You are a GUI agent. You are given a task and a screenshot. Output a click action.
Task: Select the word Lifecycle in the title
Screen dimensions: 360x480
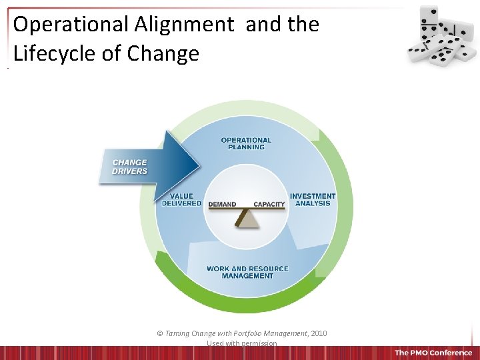click(x=51, y=54)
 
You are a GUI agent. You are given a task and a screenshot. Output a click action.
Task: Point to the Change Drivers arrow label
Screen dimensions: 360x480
click(x=130, y=167)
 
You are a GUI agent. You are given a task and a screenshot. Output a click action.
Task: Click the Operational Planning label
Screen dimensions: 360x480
click(x=246, y=143)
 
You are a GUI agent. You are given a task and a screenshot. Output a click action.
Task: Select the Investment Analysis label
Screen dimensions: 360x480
click(x=313, y=199)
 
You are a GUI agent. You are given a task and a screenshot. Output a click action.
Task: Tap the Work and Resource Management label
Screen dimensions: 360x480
click(x=247, y=272)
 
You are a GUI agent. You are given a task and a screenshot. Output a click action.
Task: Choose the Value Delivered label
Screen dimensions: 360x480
click(x=181, y=199)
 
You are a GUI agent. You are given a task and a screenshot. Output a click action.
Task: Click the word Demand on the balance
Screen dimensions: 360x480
click(x=222, y=204)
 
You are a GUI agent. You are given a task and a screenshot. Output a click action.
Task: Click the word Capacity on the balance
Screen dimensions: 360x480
click(x=269, y=204)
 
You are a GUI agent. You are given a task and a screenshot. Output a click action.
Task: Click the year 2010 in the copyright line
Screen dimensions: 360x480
click(x=318, y=333)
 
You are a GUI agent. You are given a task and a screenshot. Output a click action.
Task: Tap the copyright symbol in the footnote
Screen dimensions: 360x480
click(x=159, y=333)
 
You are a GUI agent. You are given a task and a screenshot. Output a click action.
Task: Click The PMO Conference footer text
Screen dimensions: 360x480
click(x=433, y=353)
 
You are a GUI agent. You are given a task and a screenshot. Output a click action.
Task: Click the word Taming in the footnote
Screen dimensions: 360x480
click(x=178, y=333)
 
